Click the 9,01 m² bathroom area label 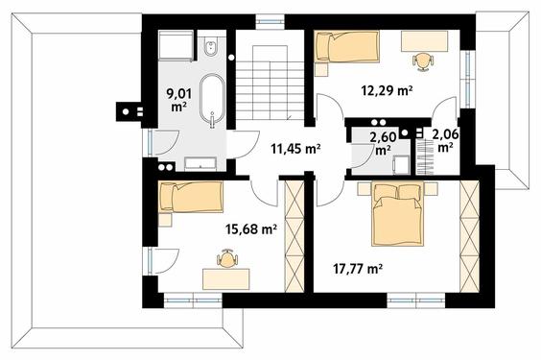tap(179, 100)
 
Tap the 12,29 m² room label tap(387, 91)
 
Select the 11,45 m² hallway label tap(296, 149)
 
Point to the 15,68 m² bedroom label tap(251, 228)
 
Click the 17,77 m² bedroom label tap(358, 268)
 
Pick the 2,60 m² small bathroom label tap(383, 143)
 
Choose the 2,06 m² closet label tap(445, 141)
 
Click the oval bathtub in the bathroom tap(212, 97)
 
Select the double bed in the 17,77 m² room tap(397, 214)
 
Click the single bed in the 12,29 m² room tap(347, 47)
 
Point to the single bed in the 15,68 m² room tap(191, 197)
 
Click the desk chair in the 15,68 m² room tap(227, 258)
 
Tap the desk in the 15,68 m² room tap(226, 279)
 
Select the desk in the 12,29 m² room tap(424, 41)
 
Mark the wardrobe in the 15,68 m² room tap(294, 236)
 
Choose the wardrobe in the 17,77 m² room tap(470, 237)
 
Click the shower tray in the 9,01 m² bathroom tap(176, 45)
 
